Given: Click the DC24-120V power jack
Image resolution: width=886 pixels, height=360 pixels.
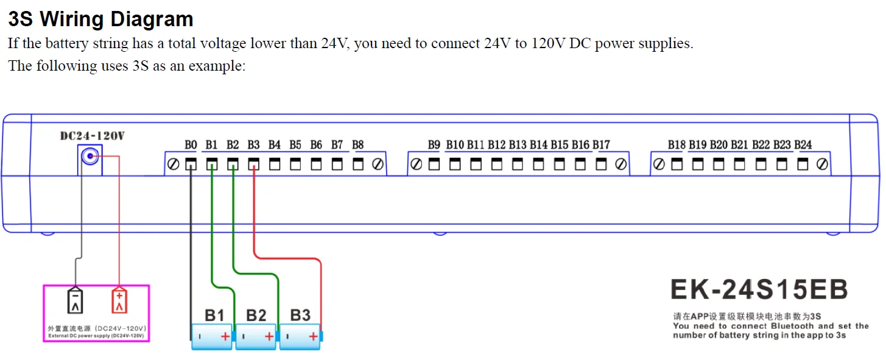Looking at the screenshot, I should [x=90, y=157].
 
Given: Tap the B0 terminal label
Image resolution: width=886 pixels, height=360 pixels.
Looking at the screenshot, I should [x=191, y=145].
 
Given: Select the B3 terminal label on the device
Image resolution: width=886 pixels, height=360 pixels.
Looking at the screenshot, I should [x=253, y=145].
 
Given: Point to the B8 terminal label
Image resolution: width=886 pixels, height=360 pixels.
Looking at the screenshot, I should [x=358, y=145].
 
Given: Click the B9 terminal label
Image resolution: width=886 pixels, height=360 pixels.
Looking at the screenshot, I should [x=434, y=145].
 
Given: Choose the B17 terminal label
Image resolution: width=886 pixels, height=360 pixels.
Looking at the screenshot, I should [x=601, y=145].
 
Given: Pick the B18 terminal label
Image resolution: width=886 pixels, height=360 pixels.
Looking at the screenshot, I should [x=677, y=145].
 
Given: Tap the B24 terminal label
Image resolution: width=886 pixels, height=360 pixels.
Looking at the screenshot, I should [x=803, y=145].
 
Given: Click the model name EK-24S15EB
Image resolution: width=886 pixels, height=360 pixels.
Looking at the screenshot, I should [x=759, y=290].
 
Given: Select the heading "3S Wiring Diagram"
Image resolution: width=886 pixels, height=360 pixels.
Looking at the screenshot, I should [x=100, y=19].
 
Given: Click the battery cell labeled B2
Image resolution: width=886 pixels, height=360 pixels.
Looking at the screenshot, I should [x=256, y=336].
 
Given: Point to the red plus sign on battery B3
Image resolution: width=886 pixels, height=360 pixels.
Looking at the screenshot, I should [x=313, y=336].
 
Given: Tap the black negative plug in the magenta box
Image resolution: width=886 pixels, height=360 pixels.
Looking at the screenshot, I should [x=75, y=300].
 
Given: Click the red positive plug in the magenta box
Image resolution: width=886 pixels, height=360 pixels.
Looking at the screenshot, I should [x=119, y=300].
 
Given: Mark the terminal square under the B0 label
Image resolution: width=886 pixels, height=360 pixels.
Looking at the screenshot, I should [x=191, y=164].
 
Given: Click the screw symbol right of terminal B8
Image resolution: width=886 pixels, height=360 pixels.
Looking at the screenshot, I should [x=378, y=164].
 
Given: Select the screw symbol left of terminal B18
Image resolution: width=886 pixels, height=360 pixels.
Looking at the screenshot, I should [x=658, y=164].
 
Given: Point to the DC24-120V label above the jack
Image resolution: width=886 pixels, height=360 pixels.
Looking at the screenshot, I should [x=92, y=136].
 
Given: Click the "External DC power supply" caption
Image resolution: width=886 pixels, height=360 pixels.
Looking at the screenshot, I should [x=96, y=336].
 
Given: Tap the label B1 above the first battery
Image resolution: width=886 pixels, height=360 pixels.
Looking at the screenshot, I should [x=214, y=315].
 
